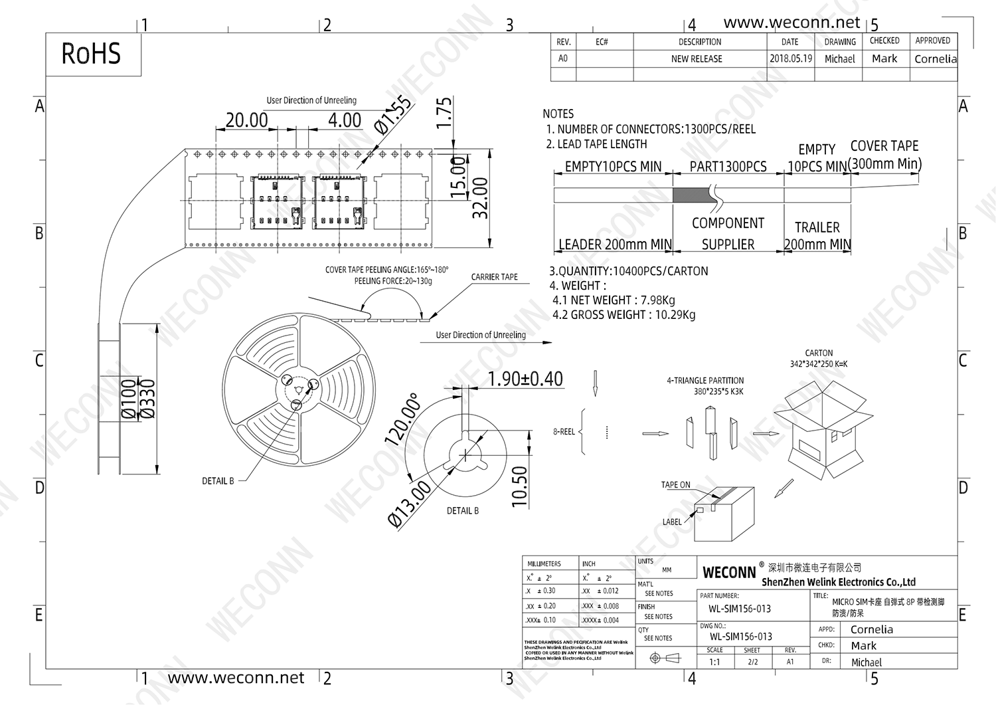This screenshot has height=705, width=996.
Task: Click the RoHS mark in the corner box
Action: coord(91,54)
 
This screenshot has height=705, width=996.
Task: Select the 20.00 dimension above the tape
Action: coord(246,120)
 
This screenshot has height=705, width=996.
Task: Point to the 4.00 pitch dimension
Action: coord(345,120)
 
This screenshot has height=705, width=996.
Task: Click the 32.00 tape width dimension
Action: coord(480,198)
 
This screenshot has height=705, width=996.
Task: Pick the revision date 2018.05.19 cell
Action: coord(790,58)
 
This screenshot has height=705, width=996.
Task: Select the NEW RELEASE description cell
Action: coord(697,58)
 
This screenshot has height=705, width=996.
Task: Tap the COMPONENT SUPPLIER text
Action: coord(728,234)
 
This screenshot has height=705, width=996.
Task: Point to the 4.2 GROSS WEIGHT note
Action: coord(623,315)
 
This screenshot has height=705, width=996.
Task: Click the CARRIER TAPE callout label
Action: coord(494,277)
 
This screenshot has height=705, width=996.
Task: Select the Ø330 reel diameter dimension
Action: coord(148,399)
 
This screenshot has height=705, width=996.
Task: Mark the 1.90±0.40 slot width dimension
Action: coord(525,379)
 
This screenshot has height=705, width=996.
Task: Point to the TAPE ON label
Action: coord(675,485)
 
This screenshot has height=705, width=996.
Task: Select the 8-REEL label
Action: coord(564,432)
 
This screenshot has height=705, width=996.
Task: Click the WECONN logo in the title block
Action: coord(729,572)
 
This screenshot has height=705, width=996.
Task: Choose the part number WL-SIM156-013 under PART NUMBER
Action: coord(739,609)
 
